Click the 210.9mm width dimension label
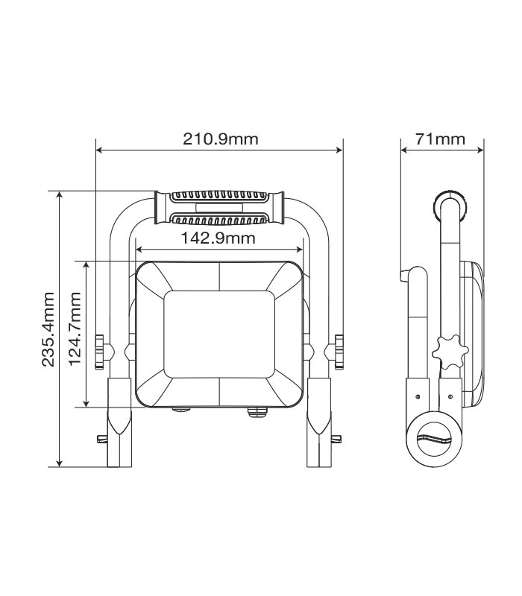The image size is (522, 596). pyautogui.click(x=220, y=139)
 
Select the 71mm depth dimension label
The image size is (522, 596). pyautogui.click(x=440, y=139)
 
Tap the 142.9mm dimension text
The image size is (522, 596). pyautogui.click(x=218, y=238)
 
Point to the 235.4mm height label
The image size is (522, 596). pyautogui.click(x=48, y=329)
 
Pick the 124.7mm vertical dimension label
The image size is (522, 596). pyautogui.click(x=75, y=329)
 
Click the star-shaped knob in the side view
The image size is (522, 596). pyautogui.click(x=450, y=352)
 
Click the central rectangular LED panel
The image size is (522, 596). pyautogui.click(x=219, y=335)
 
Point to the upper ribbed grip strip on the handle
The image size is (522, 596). pyautogui.click(x=218, y=196)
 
